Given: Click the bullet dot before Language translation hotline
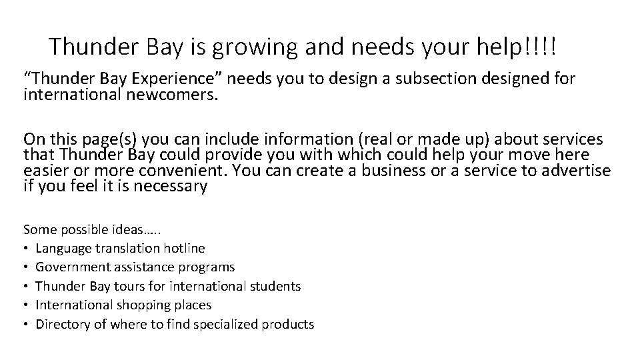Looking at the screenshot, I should [27, 249].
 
